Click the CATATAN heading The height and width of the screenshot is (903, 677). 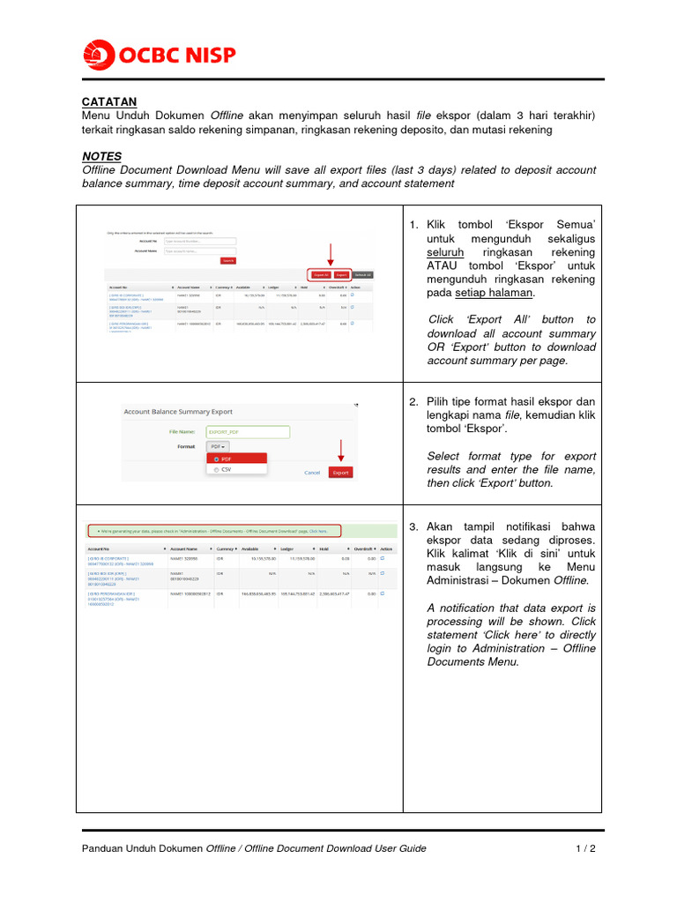[109, 102]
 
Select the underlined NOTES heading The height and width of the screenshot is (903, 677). [101, 156]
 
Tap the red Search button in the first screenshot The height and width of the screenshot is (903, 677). [228, 261]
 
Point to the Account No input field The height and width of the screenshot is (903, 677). [199, 241]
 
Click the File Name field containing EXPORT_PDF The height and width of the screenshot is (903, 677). [247, 432]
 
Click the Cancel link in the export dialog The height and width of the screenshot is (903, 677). [312, 473]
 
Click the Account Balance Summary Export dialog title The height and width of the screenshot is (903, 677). [178, 411]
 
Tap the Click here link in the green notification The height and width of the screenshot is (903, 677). [318, 532]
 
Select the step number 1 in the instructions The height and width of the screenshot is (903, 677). [413, 226]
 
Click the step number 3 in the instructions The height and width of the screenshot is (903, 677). [413, 526]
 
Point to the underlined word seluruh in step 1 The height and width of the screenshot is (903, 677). [446, 253]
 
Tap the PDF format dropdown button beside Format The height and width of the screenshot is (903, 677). [217, 447]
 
